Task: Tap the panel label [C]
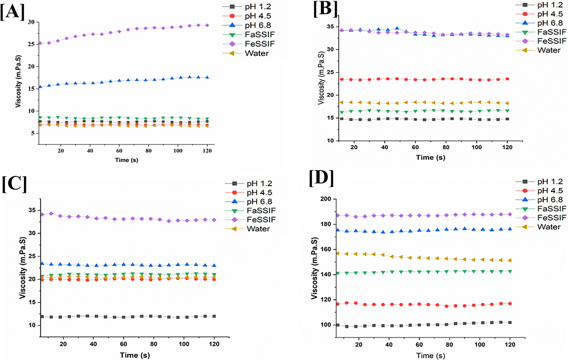(14, 184)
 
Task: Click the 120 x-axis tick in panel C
(214, 344)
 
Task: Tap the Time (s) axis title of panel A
(126, 160)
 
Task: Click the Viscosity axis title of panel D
(314, 268)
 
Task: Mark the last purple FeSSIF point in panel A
(207, 25)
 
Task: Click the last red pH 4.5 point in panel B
(507, 79)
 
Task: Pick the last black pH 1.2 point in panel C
(214, 316)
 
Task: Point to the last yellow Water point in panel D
(510, 260)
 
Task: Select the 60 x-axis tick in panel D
(419, 344)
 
